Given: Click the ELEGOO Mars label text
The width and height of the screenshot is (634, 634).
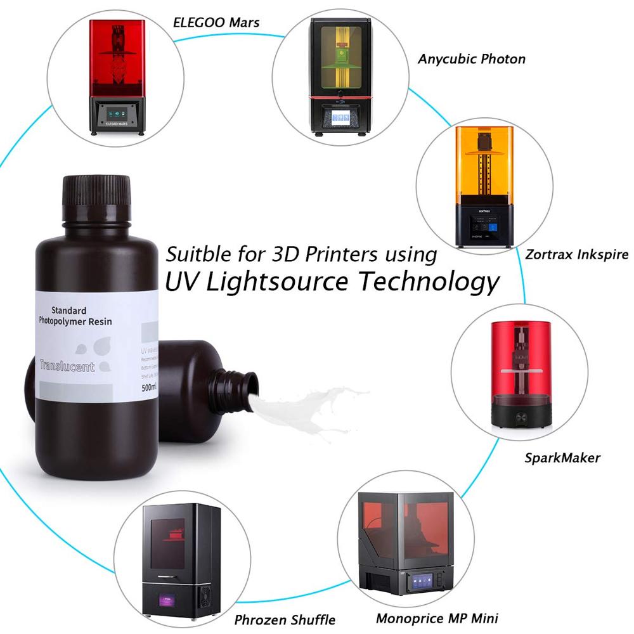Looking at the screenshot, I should [x=216, y=23].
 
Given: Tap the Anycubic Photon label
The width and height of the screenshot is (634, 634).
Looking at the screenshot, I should [x=471, y=59].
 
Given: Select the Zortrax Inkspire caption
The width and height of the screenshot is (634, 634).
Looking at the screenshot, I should [x=576, y=254].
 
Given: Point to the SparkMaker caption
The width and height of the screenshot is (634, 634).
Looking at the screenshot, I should [x=562, y=457].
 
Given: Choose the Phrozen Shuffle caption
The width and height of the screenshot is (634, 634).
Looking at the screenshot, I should [x=285, y=619].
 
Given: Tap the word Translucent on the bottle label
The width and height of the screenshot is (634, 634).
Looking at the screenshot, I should [x=67, y=366].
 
